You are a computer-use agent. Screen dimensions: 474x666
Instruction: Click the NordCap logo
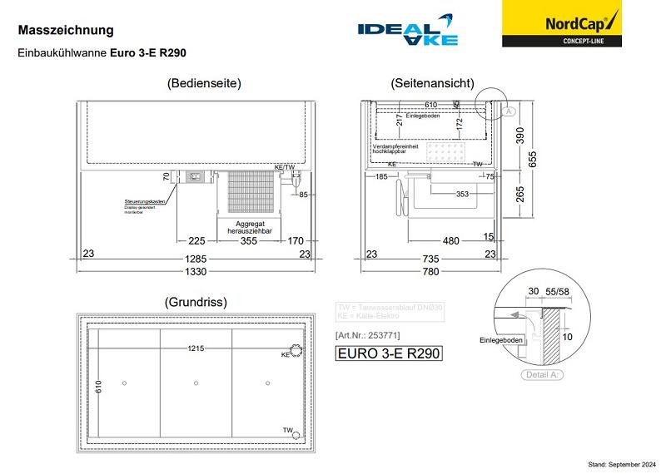click(561, 24)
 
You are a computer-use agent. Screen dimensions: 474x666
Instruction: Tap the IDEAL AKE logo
click(407, 30)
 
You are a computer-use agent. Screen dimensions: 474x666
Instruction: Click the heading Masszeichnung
click(66, 30)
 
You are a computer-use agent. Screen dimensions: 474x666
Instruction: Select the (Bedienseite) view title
click(204, 83)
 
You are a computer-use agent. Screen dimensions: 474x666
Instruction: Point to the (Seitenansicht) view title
click(432, 83)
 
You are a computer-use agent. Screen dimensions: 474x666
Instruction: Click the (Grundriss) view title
click(196, 302)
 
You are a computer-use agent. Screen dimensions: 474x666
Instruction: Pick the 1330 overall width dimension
click(196, 271)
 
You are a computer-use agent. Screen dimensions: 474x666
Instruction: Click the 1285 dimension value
click(196, 258)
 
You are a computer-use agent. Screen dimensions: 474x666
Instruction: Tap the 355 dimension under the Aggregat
click(248, 242)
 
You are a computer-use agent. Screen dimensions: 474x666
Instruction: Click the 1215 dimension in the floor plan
click(196, 348)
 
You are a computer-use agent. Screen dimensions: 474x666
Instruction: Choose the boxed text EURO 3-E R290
click(387, 353)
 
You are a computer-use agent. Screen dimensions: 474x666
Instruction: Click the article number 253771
click(367, 334)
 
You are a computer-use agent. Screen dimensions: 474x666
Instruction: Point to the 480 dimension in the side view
click(450, 242)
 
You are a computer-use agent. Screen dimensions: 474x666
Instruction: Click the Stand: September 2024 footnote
click(622, 463)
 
